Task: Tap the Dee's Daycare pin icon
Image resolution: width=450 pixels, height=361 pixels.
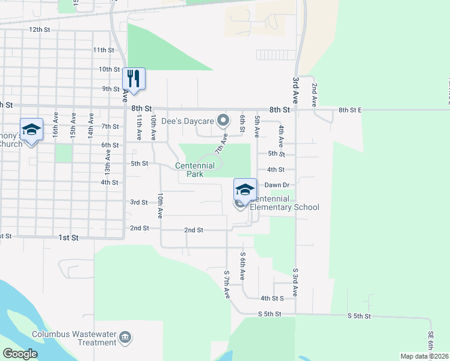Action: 223,121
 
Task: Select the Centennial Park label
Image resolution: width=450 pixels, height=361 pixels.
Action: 195,170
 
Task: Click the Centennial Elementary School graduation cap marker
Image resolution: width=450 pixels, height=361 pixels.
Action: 245,190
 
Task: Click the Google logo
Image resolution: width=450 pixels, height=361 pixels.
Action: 20,353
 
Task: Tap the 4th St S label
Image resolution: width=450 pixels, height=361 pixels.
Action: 272,298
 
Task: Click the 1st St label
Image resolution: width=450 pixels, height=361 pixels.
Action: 69,238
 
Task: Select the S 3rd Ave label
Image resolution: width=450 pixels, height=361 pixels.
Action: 296,282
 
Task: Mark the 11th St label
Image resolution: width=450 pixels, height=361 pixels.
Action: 103,50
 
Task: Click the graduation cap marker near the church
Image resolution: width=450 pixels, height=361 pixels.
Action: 31,129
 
